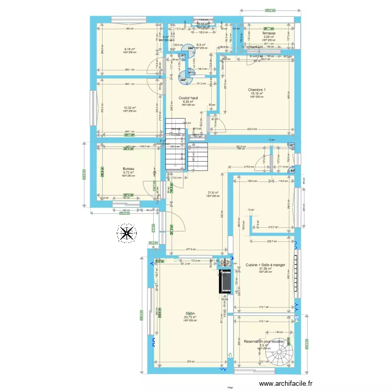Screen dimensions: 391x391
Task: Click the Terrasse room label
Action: point(269,33)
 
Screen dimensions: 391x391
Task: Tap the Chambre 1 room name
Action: point(256,90)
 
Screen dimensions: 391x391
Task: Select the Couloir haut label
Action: point(188,98)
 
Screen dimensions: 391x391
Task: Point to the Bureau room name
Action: point(128,169)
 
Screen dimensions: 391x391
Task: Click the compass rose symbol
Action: point(126,234)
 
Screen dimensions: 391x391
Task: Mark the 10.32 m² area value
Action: point(129,108)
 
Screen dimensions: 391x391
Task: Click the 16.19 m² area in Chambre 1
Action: point(256,94)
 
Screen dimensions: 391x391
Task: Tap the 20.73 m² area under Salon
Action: point(190,317)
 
